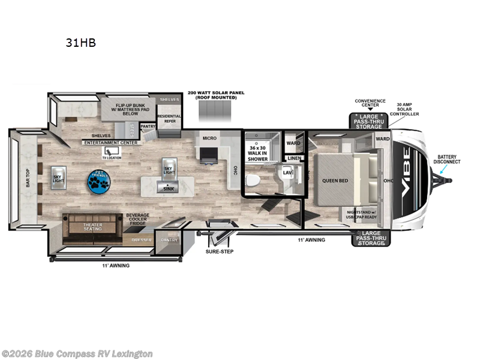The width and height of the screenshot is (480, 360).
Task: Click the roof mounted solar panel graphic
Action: point(214,111)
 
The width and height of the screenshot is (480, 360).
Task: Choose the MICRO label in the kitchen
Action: point(209,139)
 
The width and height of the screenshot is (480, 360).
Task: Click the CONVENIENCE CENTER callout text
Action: point(369,104)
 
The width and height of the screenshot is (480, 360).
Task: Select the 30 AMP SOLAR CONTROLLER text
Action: point(404,108)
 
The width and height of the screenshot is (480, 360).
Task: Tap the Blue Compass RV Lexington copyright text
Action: point(77,354)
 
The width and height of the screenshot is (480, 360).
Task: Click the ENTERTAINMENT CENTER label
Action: point(111,143)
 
